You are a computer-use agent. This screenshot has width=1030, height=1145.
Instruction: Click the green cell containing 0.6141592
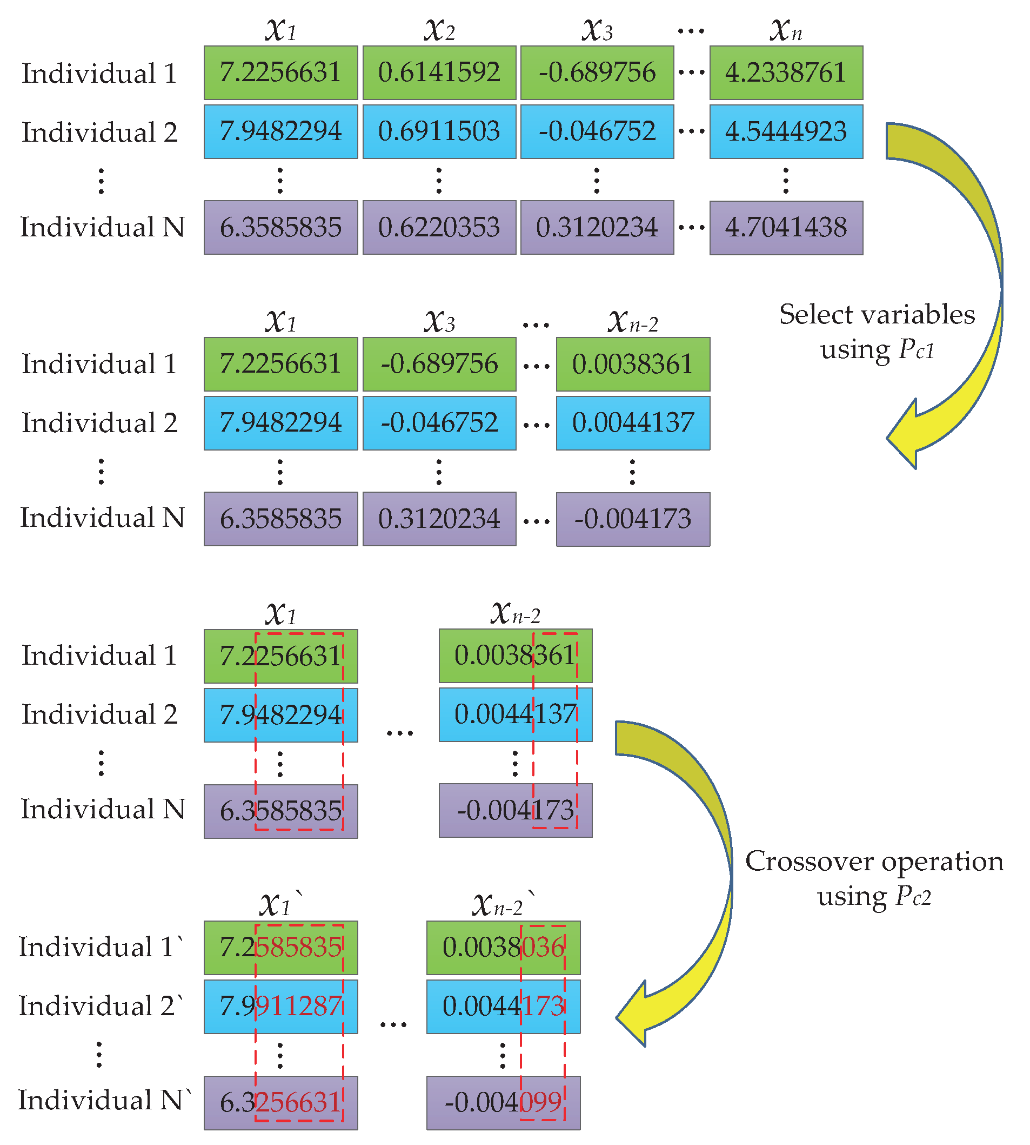(439, 72)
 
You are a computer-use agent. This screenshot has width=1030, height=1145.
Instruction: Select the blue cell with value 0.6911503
(439, 131)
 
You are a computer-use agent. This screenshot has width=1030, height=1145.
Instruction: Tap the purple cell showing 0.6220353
(439, 227)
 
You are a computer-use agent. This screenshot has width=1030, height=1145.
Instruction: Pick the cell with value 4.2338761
(786, 72)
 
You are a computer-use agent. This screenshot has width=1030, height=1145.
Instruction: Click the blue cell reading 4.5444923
(786, 131)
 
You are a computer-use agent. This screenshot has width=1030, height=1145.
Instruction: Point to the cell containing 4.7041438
(786, 228)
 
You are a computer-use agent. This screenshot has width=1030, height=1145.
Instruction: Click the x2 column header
(439, 29)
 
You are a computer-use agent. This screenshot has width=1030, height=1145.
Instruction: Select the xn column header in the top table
(786, 29)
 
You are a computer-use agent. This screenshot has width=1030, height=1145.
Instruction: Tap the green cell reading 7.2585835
(280, 948)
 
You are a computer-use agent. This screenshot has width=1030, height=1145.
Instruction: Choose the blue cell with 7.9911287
(280, 1006)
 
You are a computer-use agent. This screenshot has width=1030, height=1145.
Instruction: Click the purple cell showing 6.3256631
(280, 1102)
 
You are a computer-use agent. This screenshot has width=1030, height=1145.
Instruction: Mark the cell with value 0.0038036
(503, 948)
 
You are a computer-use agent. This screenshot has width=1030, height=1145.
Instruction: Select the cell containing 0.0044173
(503, 1006)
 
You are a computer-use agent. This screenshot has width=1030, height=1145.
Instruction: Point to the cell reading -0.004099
(503, 1102)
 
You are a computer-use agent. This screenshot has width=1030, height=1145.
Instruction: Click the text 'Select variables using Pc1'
(877, 331)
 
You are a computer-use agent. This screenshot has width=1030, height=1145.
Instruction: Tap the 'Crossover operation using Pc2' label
(874, 878)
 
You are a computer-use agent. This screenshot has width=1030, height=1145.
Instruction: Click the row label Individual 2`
(101, 1006)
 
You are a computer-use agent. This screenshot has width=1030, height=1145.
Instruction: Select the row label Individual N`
(104, 1100)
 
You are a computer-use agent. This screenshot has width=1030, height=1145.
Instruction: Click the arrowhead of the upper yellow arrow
(906, 436)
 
